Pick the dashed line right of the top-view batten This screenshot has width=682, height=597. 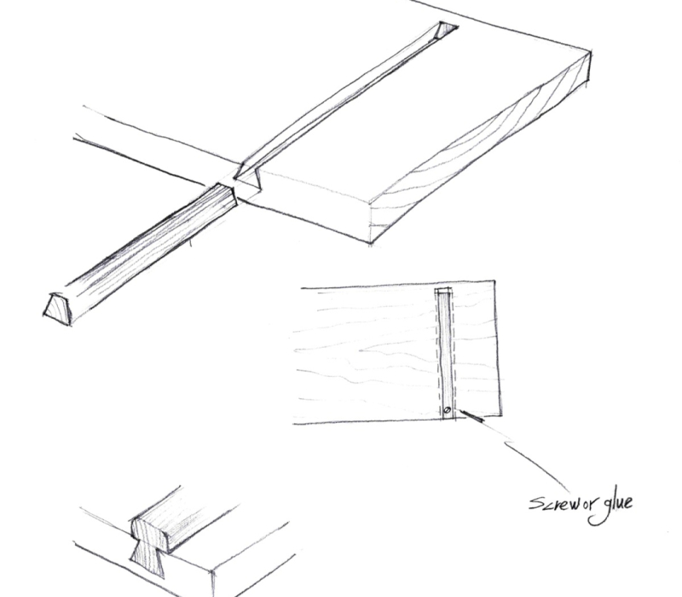(456, 358)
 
